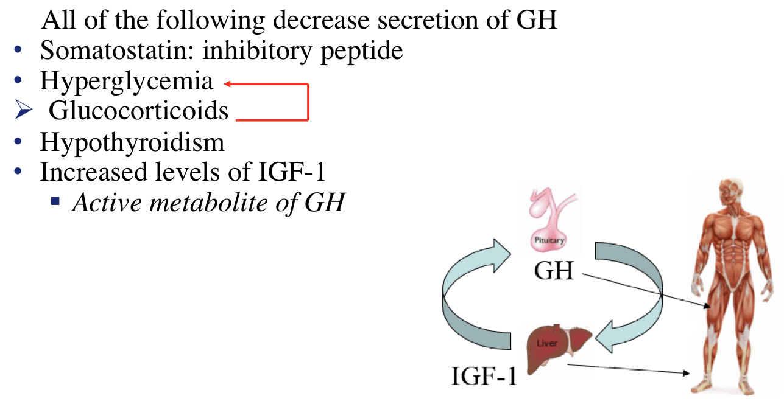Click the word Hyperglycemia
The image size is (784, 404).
(127, 81)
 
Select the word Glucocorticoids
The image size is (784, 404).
(138, 111)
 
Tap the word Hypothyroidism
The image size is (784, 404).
(132, 142)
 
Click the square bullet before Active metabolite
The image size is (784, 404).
(55, 199)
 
